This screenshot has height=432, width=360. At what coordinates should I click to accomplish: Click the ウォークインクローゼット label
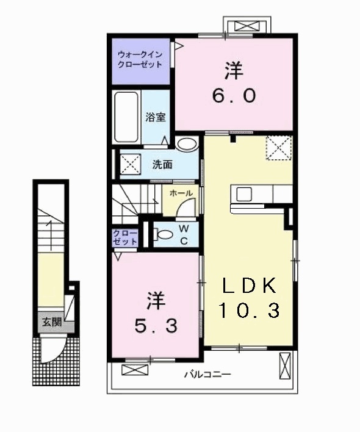[x=140, y=59]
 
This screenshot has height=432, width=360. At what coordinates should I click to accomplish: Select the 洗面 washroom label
[x=162, y=164]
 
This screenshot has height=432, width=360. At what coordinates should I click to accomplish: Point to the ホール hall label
[x=181, y=193]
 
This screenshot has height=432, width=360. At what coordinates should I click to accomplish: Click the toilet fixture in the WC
[x=163, y=234]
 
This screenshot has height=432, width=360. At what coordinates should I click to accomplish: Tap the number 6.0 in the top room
[x=233, y=96]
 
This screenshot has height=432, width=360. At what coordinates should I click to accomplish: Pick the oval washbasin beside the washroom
[x=188, y=144]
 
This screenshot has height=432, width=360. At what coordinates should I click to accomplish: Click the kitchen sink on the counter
[x=245, y=195]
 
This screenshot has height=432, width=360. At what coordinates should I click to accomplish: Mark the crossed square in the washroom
[x=130, y=165]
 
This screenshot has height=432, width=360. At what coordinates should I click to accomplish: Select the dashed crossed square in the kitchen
[x=279, y=148]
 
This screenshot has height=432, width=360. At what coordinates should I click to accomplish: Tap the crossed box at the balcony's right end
[x=285, y=366]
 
